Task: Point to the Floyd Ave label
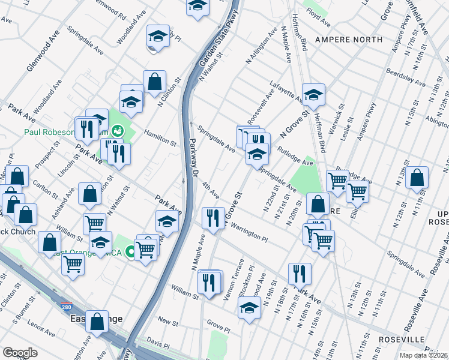tap(319, 22)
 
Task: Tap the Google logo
tap(20, 352)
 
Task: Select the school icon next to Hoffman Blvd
tap(313, 94)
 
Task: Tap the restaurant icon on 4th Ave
tap(212, 217)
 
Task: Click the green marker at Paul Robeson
tap(118, 130)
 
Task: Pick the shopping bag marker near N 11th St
tap(417, 177)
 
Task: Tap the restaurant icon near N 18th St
tap(299, 273)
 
